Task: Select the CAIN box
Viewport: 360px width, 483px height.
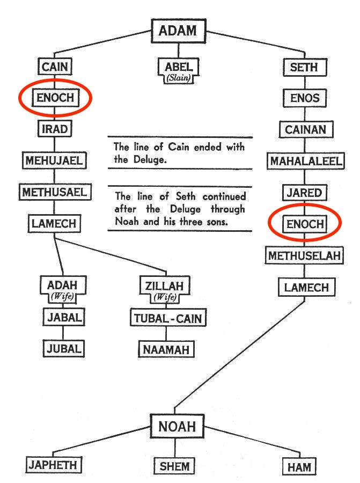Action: click(x=55, y=67)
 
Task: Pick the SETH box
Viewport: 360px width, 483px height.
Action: click(x=304, y=67)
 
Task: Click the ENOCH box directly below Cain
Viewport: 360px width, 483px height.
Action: click(x=54, y=98)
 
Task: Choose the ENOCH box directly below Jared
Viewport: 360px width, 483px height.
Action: click(x=305, y=224)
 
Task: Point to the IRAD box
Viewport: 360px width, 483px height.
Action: click(x=54, y=129)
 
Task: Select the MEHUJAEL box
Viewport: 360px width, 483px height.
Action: click(x=54, y=160)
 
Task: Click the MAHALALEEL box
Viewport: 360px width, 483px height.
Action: click(x=305, y=160)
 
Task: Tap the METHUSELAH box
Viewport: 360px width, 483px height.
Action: click(x=305, y=255)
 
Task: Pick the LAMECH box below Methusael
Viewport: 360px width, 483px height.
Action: click(x=54, y=223)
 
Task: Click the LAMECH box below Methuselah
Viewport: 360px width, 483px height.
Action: click(x=306, y=287)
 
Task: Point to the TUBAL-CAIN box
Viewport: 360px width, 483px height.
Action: click(x=166, y=318)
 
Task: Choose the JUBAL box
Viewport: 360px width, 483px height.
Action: click(x=63, y=348)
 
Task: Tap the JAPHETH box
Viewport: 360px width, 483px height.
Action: click(x=53, y=465)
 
